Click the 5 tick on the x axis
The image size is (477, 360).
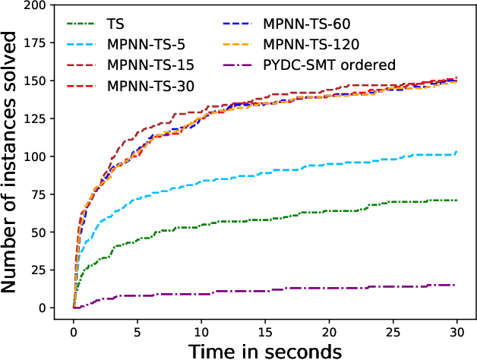click(137, 332)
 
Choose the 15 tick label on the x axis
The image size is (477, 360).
click(265, 332)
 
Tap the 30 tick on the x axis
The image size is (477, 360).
click(456, 332)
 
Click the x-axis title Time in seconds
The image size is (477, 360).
click(264, 350)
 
